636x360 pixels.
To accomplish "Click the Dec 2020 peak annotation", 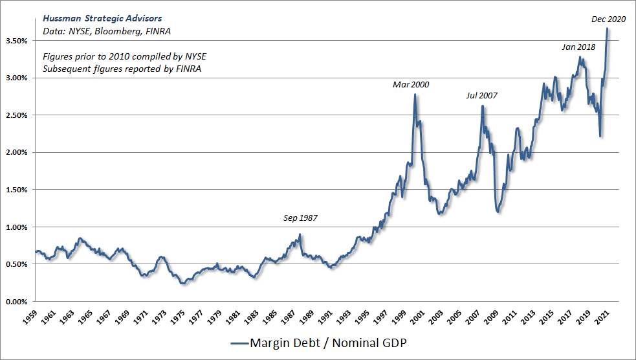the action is pos(608,19).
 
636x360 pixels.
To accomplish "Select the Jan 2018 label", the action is pos(578,47).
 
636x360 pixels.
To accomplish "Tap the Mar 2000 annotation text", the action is pos(410,84).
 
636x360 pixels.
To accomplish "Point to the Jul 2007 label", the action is pos(481,95).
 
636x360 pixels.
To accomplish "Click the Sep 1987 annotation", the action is pos(300,218).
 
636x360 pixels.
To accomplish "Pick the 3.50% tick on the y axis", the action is pos(17,41).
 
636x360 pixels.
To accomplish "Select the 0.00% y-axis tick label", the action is pos(17,302).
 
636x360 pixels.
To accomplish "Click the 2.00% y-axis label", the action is pos(17,153).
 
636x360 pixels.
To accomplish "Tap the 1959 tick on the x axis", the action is pos(30,317).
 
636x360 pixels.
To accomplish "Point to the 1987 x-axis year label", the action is pos(288,317).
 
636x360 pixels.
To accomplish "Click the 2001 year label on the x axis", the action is pos(417,317).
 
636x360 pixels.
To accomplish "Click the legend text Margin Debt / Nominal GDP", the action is pos(328,343).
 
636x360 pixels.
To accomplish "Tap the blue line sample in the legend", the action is pos(239,343).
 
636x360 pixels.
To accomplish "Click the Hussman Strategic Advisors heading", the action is pos(102,18).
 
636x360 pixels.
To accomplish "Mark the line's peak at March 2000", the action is pos(415,95).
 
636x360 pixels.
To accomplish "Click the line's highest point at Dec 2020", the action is pos(607,28).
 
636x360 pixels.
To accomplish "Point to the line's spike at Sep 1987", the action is pos(300,234).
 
